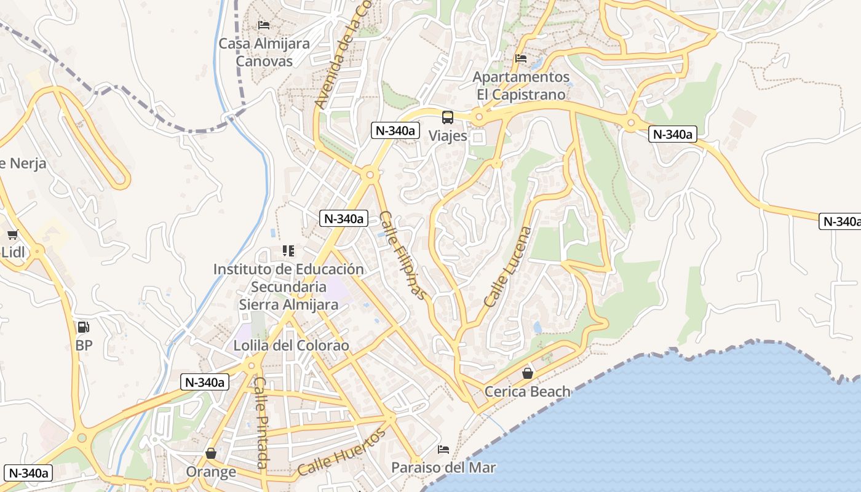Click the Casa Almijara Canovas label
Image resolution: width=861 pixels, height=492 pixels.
(264, 52)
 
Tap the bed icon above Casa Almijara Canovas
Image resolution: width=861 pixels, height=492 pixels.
(264, 25)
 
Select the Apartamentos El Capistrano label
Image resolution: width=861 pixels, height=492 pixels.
(522, 86)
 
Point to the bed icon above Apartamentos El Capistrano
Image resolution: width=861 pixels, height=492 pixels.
(521, 58)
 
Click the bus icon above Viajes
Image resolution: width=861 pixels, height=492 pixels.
(448, 117)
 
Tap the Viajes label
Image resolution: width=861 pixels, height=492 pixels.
(448, 136)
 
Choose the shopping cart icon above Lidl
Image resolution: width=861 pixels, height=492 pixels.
(12, 234)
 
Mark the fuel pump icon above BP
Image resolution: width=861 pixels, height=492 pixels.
(84, 327)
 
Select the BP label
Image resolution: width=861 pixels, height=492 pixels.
(84, 346)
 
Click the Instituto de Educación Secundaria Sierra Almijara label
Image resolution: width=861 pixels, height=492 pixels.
(288, 287)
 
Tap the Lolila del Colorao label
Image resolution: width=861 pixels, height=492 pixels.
(291, 346)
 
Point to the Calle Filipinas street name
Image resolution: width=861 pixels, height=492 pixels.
(402, 256)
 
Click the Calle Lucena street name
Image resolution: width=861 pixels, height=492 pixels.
(507, 267)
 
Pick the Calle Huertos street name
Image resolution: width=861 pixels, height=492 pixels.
(342, 452)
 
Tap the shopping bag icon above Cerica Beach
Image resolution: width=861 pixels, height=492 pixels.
(527, 373)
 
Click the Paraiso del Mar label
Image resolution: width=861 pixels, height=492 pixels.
(443, 467)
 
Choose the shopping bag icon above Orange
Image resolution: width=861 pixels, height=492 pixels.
(211, 453)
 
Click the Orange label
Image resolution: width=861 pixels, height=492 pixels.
(211, 472)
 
